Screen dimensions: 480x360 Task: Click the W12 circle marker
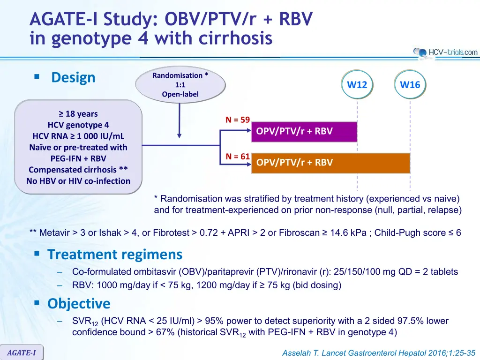[x=357, y=84]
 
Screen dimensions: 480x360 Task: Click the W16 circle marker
[x=410, y=84]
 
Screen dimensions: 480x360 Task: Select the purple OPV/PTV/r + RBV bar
[x=304, y=132]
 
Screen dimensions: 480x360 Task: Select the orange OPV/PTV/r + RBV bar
[x=330, y=163]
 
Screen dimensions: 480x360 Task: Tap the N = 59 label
[x=238, y=120]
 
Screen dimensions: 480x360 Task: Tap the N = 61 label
[x=238, y=157]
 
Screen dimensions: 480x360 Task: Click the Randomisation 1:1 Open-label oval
[x=180, y=85]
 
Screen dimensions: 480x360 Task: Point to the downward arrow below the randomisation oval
[x=180, y=120]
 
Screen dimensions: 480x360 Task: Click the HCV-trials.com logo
[x=445, y=52]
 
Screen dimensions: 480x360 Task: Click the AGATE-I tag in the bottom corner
[x=22, y=352]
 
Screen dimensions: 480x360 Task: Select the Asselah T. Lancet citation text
[x=379, y=353]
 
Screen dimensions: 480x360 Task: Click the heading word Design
[x=73, y=77]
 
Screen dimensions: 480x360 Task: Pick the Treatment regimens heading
[x=115, y=255]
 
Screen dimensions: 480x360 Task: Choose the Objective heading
[x=79, y=303]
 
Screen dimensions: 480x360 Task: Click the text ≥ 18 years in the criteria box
[x=78, y=113]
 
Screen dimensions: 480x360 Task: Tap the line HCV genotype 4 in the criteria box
[x=78, y=125]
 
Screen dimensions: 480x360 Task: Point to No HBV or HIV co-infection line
[x=78, y=181]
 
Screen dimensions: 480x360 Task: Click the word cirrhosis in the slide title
[x=235, y=38]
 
